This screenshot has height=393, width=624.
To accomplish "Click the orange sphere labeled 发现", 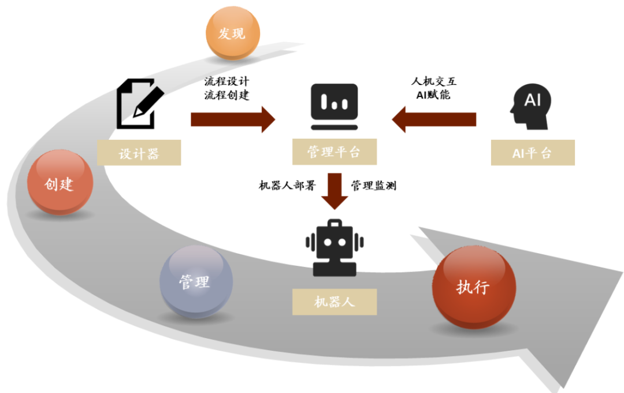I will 232,34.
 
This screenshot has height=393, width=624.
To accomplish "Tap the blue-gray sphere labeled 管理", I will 196,281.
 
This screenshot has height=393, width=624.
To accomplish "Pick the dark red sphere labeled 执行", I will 474,288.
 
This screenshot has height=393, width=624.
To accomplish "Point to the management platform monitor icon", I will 334,106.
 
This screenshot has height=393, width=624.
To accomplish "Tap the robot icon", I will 334,247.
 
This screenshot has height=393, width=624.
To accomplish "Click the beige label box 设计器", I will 139,153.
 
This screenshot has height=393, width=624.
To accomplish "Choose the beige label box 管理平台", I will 334,152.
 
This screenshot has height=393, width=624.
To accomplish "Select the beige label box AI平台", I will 532,153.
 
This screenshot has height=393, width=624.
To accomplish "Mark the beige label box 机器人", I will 334,302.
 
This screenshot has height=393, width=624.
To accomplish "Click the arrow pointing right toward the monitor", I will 233,120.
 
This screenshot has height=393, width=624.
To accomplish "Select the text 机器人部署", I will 285,186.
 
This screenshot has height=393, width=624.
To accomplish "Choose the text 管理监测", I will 374,186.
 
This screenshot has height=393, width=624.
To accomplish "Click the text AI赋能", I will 433,95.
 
